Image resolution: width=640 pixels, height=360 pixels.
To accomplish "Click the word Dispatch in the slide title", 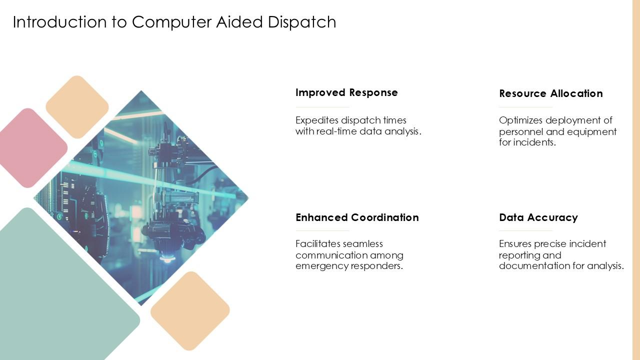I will point(302,22).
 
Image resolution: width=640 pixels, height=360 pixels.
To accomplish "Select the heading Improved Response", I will point(346,92).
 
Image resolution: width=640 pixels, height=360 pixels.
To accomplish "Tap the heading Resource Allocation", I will point(550,93).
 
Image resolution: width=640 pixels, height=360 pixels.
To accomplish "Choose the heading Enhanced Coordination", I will point(357,217).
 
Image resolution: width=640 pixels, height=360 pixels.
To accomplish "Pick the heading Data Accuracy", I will point(538,217).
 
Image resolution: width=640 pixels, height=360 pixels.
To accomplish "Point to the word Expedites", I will point(316,120).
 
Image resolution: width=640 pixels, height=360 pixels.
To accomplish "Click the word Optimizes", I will point(520,120).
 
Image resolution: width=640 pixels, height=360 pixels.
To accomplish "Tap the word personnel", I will point(520,131).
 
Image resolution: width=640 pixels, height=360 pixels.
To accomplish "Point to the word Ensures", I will point(514,244).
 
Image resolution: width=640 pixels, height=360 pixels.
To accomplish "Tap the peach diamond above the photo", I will point(77,107).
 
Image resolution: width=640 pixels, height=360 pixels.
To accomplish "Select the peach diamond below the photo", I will point(190,310).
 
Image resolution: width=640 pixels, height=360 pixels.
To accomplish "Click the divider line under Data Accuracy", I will point(525,231).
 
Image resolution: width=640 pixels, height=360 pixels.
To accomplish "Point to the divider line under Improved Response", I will point(322,107).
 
